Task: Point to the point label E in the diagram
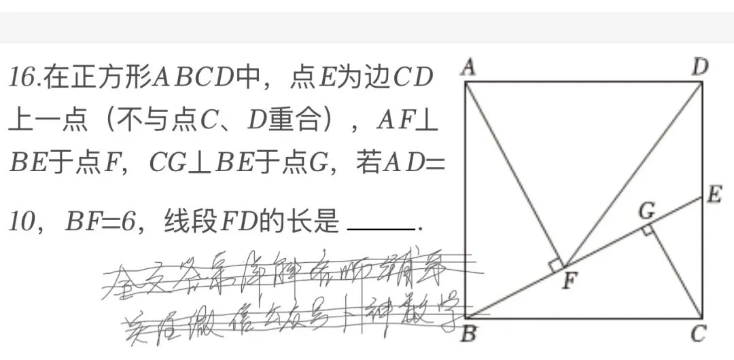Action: tap(714, 196)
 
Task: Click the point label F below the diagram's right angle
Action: tap(569, 281)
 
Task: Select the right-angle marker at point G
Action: tap(647, 232)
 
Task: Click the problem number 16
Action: tap(24, 78)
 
